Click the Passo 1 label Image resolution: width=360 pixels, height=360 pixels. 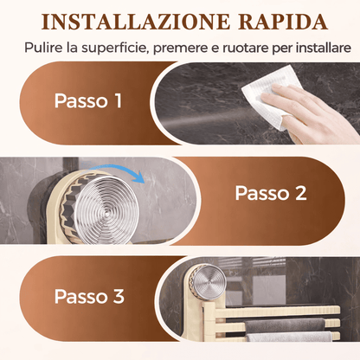[x=88, y=101]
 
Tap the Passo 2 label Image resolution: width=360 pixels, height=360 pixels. [x=271, y=193]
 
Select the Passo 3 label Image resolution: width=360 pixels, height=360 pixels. [x=88, y=296]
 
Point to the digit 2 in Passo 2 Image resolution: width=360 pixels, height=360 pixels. [x=300, y=193]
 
